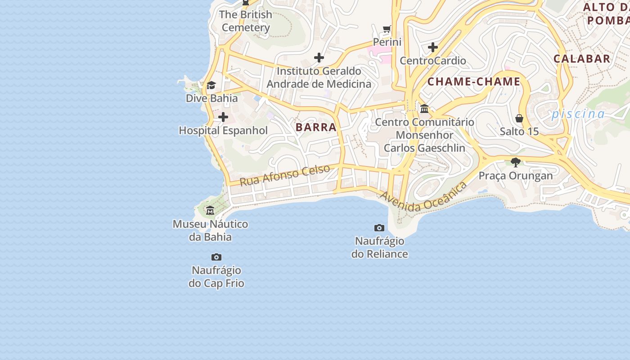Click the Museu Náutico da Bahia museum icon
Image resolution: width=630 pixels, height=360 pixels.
[210, 210]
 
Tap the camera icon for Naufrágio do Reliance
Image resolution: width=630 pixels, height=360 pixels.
[379, 228]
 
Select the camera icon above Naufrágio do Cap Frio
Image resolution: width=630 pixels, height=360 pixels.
[216, 257]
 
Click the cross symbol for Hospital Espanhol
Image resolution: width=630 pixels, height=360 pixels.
[223, 117]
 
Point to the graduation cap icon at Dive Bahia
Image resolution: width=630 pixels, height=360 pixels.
[211, 85]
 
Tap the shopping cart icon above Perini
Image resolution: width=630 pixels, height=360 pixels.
[387, 29]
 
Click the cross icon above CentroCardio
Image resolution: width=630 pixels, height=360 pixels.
[433, 47]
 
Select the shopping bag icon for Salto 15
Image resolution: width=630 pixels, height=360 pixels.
[519, 118]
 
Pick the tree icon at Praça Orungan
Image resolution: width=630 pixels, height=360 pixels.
[516, 162]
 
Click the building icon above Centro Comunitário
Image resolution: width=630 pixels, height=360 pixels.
[424, 108]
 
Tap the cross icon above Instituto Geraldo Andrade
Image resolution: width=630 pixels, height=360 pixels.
[319, 58]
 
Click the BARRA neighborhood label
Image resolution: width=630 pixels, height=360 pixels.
[316, 127]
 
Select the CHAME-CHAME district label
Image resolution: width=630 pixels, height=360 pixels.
[474, 82]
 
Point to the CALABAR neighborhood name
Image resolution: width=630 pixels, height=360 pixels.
[582, 58]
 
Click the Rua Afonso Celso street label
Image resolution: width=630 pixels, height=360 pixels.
[285, 175]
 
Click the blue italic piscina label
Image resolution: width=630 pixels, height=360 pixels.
[578, 113]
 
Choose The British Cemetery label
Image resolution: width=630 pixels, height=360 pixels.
[246, 21]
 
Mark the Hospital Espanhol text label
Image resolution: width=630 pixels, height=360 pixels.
[223, 130]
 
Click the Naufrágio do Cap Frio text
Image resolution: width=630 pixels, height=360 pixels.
[216, 277]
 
